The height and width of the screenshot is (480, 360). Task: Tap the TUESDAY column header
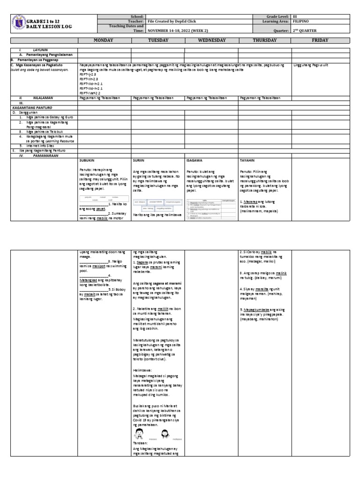[x=158, y=41]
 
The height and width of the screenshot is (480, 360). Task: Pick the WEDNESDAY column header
[x=211, y=41]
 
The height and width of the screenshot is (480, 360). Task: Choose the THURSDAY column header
[x=265, y=41]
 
